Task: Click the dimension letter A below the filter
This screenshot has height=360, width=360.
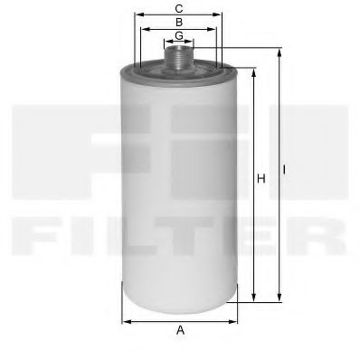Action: click(180, 331)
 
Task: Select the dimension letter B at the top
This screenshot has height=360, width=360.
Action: click(179, 21)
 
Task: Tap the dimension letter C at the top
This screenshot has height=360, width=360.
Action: click(179, 8)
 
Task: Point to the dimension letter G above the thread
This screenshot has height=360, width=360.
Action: click(179, 34)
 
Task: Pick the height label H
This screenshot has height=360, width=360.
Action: click(260, 180)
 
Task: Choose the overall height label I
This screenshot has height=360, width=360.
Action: click(285, 168)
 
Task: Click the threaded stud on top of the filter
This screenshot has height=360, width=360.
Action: click(180, 56)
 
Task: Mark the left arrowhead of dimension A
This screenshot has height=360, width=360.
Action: click(126, 320)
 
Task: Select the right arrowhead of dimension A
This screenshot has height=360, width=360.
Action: click(233, 320)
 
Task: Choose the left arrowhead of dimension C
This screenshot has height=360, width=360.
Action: click(137, 15)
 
